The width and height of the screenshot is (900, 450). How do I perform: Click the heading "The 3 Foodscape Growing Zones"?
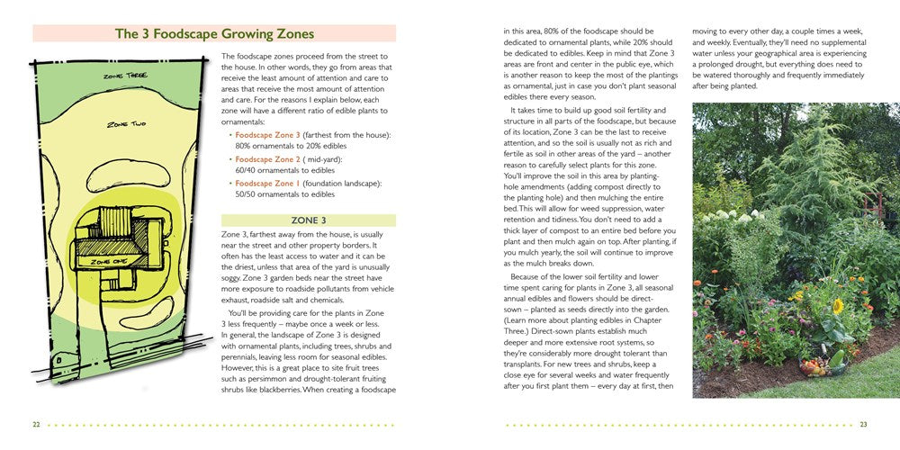pos(214,34)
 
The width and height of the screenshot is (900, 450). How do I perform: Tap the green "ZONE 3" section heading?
pos(308,220)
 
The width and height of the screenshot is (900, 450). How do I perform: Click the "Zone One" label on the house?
pos(106,260)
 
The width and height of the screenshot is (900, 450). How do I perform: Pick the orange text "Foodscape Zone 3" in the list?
pos(268,134)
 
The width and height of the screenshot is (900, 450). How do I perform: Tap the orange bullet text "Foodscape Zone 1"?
pos(267,184)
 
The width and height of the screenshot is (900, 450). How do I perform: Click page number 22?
pos(36,425)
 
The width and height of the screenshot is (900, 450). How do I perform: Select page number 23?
pos(863,425)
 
